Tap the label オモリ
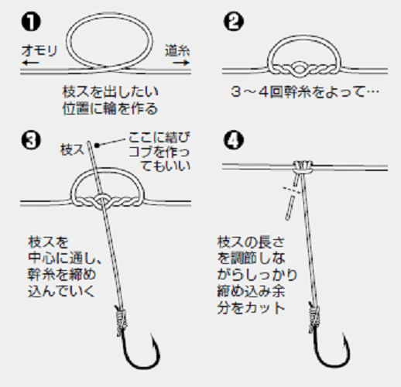click(38, 50)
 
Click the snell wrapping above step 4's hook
click(314, 314)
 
